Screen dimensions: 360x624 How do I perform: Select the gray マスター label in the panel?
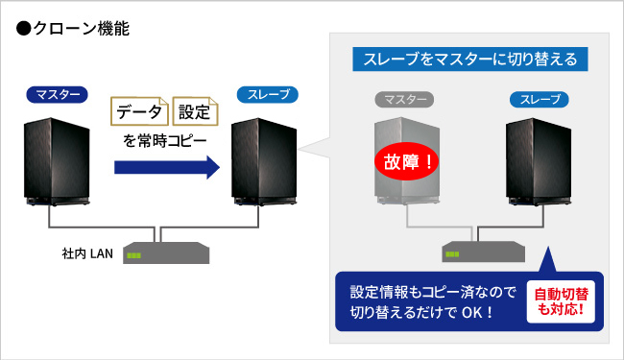pos(405,99)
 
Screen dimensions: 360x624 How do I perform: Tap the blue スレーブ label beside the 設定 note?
pos(267,94)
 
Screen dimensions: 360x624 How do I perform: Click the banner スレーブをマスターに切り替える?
pos(469,60)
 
